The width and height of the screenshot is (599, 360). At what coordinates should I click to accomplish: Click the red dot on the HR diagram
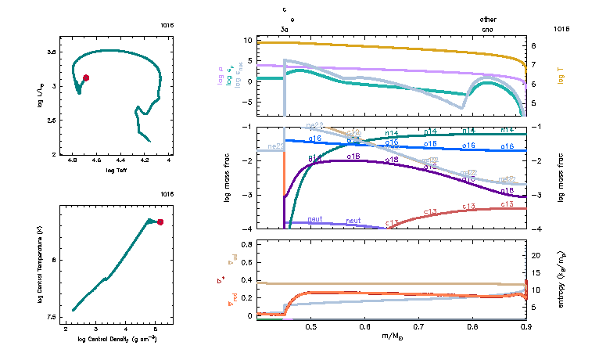[86, 77]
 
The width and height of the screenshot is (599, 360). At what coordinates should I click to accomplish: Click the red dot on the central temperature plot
[160, 222]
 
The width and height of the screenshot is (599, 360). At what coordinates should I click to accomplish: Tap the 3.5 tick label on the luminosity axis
[52, 52]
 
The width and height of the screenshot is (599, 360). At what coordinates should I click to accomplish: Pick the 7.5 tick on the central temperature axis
[52, 317]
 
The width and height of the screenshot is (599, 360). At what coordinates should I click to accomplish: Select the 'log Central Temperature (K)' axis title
[38, 263]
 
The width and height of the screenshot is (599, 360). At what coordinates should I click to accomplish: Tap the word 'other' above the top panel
[488, 20]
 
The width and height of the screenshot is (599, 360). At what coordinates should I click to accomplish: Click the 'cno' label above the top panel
[488, 29]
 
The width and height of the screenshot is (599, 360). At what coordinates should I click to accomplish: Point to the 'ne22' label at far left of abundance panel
[275, 146]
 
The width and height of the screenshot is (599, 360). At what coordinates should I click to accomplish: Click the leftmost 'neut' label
[316, 220]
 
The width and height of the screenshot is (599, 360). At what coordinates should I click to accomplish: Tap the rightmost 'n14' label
[507, 130]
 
